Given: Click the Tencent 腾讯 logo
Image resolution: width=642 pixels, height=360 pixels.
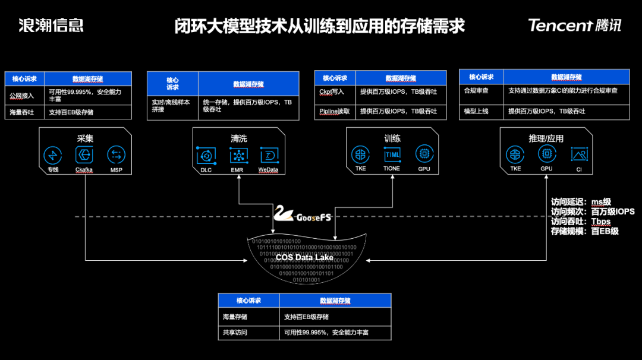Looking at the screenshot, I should click(574, 25).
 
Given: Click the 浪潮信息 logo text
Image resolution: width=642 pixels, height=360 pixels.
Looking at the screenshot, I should click(51, 25).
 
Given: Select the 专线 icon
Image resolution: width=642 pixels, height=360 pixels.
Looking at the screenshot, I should click(53, 155).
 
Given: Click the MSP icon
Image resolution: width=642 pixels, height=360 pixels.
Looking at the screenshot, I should click(116, 155).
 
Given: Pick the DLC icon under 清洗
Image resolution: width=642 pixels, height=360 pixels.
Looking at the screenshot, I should click(206, 156).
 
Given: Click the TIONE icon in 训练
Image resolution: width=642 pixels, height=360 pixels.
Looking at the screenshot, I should click(392, 154).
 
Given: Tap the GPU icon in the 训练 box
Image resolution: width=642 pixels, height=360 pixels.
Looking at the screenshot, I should click(424, 154).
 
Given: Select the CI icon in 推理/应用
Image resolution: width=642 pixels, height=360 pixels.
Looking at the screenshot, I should click(578, 154).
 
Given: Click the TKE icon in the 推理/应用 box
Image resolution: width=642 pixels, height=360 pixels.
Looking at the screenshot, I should click(515, 154).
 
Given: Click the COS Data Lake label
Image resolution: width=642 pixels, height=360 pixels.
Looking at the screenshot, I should click(304, 258).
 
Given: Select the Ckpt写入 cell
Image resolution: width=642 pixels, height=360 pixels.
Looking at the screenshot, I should click(332, 91).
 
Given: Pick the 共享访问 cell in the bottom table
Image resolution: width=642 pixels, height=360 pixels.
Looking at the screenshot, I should click(235, 332).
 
